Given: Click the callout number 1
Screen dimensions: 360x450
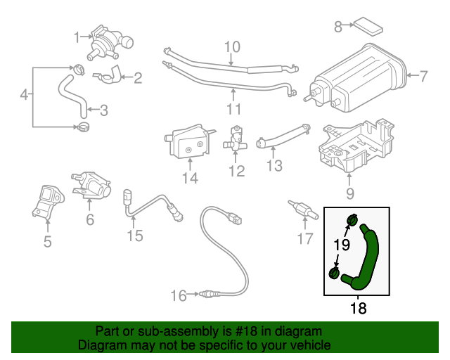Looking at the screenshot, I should (x=77, y=36).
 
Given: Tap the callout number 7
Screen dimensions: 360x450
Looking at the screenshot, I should (x=423, y=76).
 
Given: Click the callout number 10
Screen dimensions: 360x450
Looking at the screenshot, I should (x=232, y=48).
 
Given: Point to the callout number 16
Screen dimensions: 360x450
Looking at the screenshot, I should (x=179, y=296).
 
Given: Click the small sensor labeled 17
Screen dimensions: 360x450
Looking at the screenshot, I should (x=299, y=210).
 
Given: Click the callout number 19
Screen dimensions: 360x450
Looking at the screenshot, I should (x=341, y=245).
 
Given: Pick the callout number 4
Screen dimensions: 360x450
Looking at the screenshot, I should (x=25, y=94).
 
